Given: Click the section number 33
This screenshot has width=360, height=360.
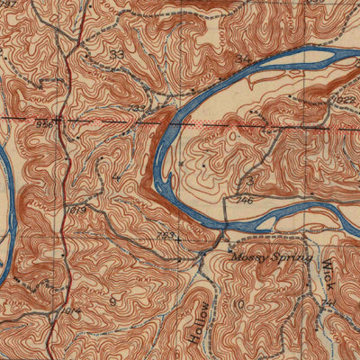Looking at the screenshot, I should pos(116,55).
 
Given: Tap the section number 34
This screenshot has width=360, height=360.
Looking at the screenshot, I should pos(240,59).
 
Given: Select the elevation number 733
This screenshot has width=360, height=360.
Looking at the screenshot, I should pos(136,108).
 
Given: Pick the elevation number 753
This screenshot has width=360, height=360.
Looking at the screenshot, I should pos(166,236).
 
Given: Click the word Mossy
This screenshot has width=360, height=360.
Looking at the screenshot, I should pos(250,257).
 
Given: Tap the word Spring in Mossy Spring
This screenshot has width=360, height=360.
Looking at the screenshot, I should pos(292,257).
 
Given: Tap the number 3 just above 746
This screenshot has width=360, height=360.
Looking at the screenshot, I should pos(247,183).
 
